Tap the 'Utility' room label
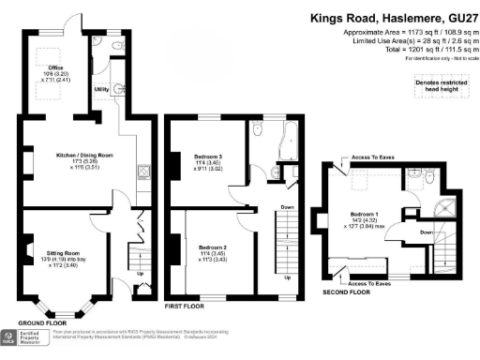point(102,88)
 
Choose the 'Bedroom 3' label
point(208,156)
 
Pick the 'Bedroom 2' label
point(208,247)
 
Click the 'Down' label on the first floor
point(288,208)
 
